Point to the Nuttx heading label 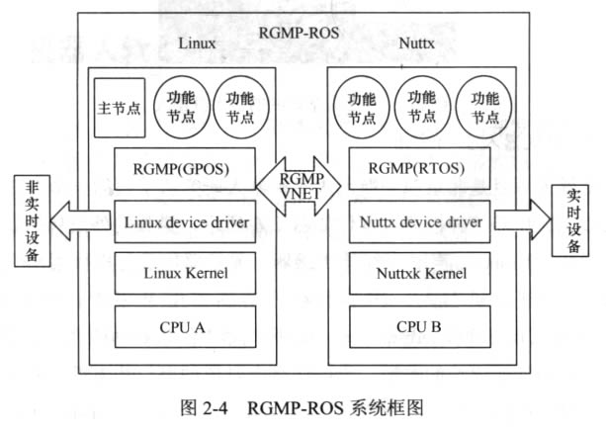(x=418, y=43)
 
